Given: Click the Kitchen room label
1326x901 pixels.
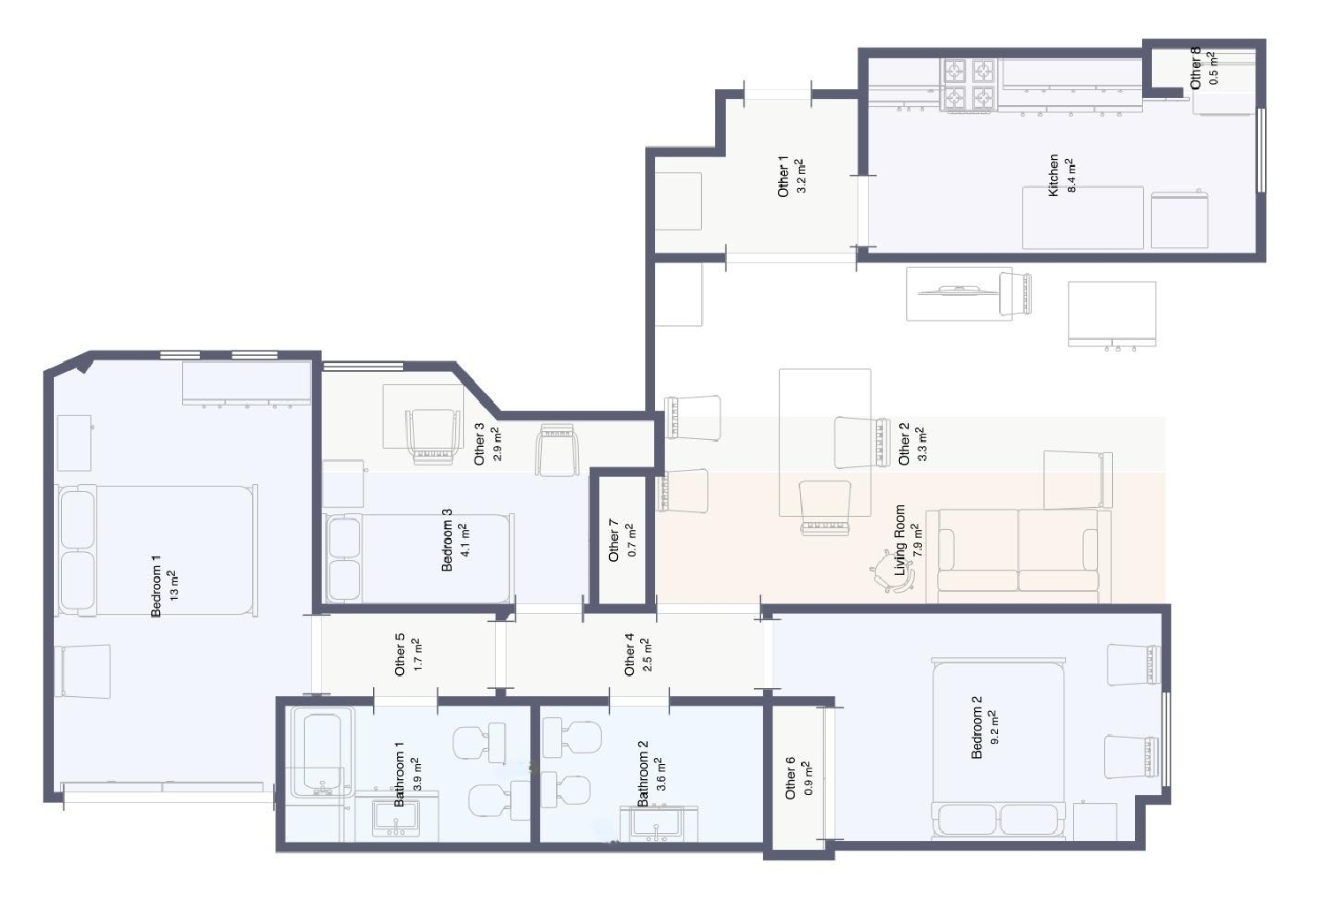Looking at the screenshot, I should coord(1053,175).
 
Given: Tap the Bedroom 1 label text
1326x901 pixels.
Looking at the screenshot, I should coord(156,586).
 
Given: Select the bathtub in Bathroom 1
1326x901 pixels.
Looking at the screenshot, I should coord(322,751).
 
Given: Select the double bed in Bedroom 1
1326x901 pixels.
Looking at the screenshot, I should coord(157,549).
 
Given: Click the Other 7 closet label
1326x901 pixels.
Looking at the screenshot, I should coord(614,541).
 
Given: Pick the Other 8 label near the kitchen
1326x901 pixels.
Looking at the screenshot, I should coord(1196,68).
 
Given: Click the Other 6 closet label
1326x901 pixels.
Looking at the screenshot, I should coord(790,777).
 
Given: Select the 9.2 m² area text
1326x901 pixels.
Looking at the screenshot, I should coord(994,727).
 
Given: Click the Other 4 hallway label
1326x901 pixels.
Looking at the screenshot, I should coord(629,654).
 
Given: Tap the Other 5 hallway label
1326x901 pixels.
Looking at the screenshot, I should coord(400,654).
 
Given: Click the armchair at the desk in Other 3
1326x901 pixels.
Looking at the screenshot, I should coord(433,435).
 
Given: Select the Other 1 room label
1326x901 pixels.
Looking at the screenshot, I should coord(782,176).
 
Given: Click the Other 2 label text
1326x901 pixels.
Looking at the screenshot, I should coord(903,443).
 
